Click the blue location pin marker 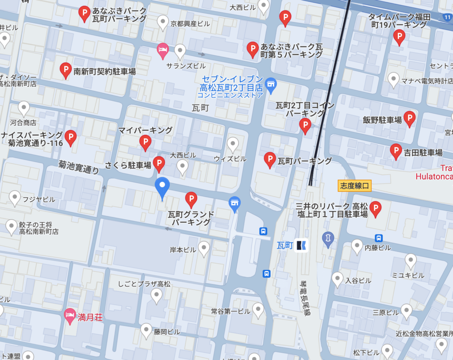[162, 187]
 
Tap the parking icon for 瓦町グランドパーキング [191, 199]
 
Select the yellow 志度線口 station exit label [354, 185]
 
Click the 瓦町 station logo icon [302, 245]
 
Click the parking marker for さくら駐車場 [159, 164]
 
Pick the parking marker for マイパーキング [145, 142]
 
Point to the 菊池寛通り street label [79, 167]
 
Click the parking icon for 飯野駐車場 [410, 118]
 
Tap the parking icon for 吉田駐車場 [396, 151]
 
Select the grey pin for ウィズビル [233, 144]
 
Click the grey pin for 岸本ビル [203, 249]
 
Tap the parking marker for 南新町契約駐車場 [66, 70]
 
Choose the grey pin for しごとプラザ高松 [157, 295]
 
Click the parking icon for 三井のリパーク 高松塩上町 [376, 208]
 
